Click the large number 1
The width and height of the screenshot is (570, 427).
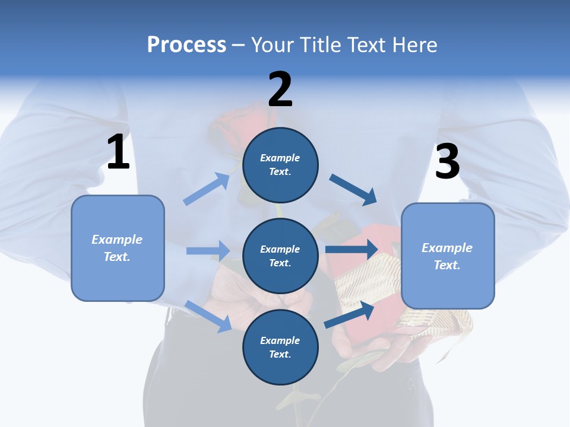pyautogui.click(x=118, y=152)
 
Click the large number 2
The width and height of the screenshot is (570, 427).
pyautogui.click(x=280, y=89)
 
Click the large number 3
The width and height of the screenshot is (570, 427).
pyautogui.click(x=447, y=161)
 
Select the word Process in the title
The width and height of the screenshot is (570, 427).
pyautogui.click(x=186, y=44)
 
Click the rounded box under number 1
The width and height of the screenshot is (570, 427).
pyautogui.click(x=118, y=248)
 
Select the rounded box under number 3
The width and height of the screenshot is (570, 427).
pyautogui.click(x=448, y=256)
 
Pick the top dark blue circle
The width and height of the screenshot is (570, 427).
pyautogui.click(x=280, y=165)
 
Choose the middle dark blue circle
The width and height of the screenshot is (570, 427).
pyautogui.click(x=280, y=256)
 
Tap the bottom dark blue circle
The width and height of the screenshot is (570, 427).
pyautogui.click(x=280, y=347)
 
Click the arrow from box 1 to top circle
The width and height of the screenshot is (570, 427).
pyautogui.click(x=207, y=189)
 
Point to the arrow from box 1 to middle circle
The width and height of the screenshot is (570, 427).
pyautogui.click(x=208, y=251)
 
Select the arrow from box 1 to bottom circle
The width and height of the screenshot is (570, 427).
pyautogui.click(x=208, y=316)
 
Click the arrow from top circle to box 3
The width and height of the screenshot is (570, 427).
pyautogui.click(x=353, y=189)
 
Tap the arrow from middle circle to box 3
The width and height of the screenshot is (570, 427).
pyautogui.click(x=351, y=249)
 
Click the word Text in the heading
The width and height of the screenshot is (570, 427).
pyautogui.click(x=366, y=44)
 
